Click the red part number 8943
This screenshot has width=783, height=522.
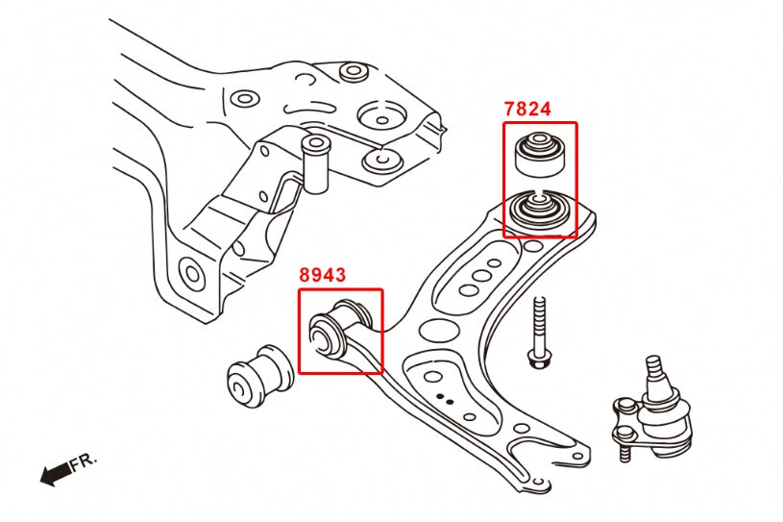322,276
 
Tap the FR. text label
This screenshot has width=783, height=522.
85,461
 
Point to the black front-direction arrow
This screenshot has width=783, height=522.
56,472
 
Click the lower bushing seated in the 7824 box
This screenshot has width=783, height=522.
538,211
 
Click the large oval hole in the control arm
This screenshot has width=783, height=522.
438,332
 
